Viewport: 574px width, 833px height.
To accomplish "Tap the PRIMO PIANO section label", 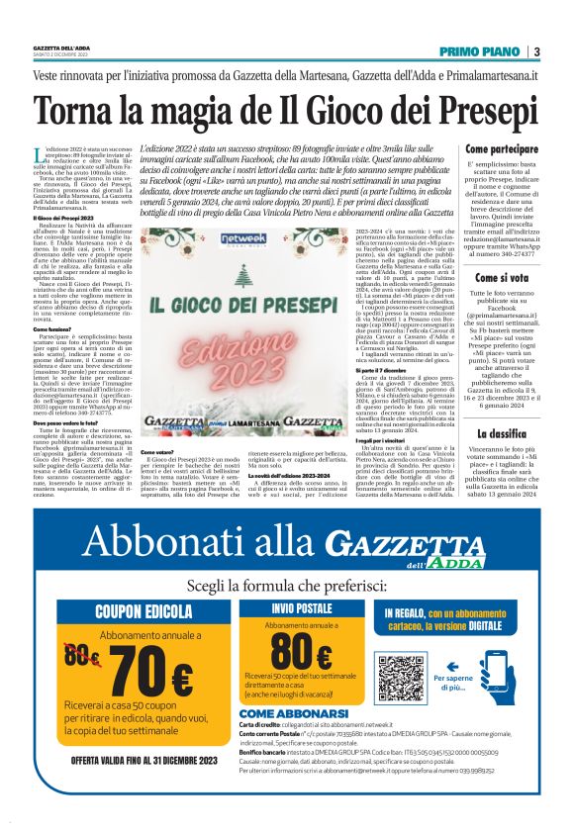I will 481,51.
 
